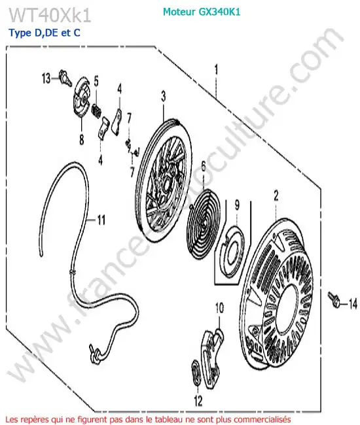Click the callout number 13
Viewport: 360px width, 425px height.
point(46,78)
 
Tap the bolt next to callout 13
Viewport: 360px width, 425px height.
point(65,78)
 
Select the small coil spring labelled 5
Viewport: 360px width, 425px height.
point(97,110)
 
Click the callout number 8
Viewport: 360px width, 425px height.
point(81,140)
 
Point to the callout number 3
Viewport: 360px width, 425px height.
point(164,96)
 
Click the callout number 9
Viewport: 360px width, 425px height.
point(237,205)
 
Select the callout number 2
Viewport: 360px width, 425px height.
point(276,195)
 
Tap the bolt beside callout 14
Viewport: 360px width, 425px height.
point(334,299)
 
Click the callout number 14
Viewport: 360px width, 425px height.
point(353,304)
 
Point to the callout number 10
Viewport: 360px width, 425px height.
point(219,308)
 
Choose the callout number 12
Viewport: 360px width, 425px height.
point(198,401)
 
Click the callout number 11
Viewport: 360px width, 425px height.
point(101,220)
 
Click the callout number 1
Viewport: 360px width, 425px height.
point(216,69)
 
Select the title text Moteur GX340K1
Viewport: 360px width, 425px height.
point(202,12)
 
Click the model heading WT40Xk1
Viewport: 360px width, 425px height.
point(50,15)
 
